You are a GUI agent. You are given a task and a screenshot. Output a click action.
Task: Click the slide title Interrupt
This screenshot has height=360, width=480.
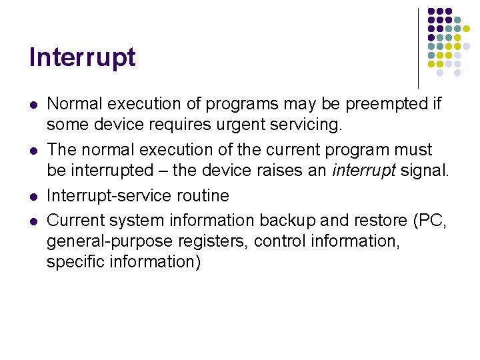pos(82,58)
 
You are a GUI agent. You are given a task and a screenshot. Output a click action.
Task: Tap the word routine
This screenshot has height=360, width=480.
pos(203,195)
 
